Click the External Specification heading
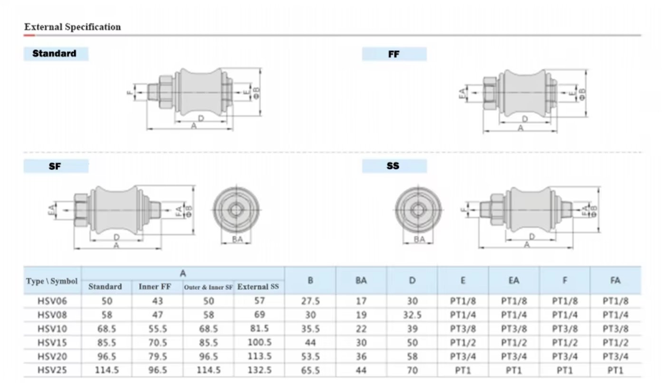pyautogui.click(x=73, y=27)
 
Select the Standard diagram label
pyautogui.click(x=54, y=54)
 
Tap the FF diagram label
pyautogui.click(x=394, y=54)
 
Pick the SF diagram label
pyautogui.click(x=55, y=167)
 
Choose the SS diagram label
pyautogui.click(x=393, y=167)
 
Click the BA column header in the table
pyautogui.click(x=361, y=280)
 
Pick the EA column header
pyautogui.click(x=513, y=280)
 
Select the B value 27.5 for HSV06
pyautogui.click(x=310, y=301)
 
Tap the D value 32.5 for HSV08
pyautogui.click(x=412, y=315)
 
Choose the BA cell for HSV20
pyautogui.click(x=361, y=356)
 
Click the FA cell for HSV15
pyautogui.click(x=616, y=343)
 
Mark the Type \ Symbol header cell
pyautogui.click(x=52, y=281)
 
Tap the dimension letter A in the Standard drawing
pyautogui.click(x=194, y=126)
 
